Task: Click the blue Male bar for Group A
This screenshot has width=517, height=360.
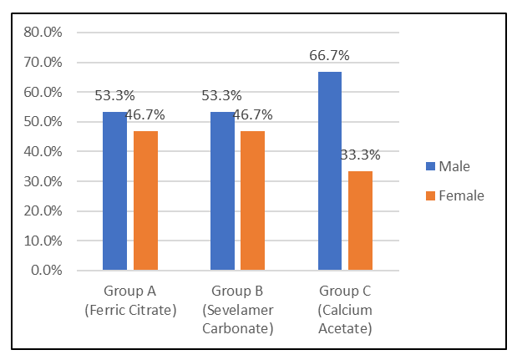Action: tap(114, 191)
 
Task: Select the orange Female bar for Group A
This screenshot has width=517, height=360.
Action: tap(145, 200)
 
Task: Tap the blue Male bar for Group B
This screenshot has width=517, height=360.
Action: tap(222, 191)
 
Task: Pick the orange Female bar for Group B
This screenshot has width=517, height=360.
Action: tap(253, 200)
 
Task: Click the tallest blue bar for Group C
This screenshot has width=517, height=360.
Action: tap(330, 171)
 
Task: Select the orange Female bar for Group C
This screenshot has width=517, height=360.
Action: tap(361, 221)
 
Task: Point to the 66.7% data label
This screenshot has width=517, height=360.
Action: tap(329, 55)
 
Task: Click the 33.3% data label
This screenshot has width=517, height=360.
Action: tap(361, 155)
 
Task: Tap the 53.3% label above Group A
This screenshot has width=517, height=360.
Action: tap(114, 95)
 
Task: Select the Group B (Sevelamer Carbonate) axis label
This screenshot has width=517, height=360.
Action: tap(238, 310)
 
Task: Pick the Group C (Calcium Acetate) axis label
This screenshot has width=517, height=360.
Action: tap(345, 310)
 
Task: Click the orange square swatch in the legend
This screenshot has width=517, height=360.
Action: tap(431, 195)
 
